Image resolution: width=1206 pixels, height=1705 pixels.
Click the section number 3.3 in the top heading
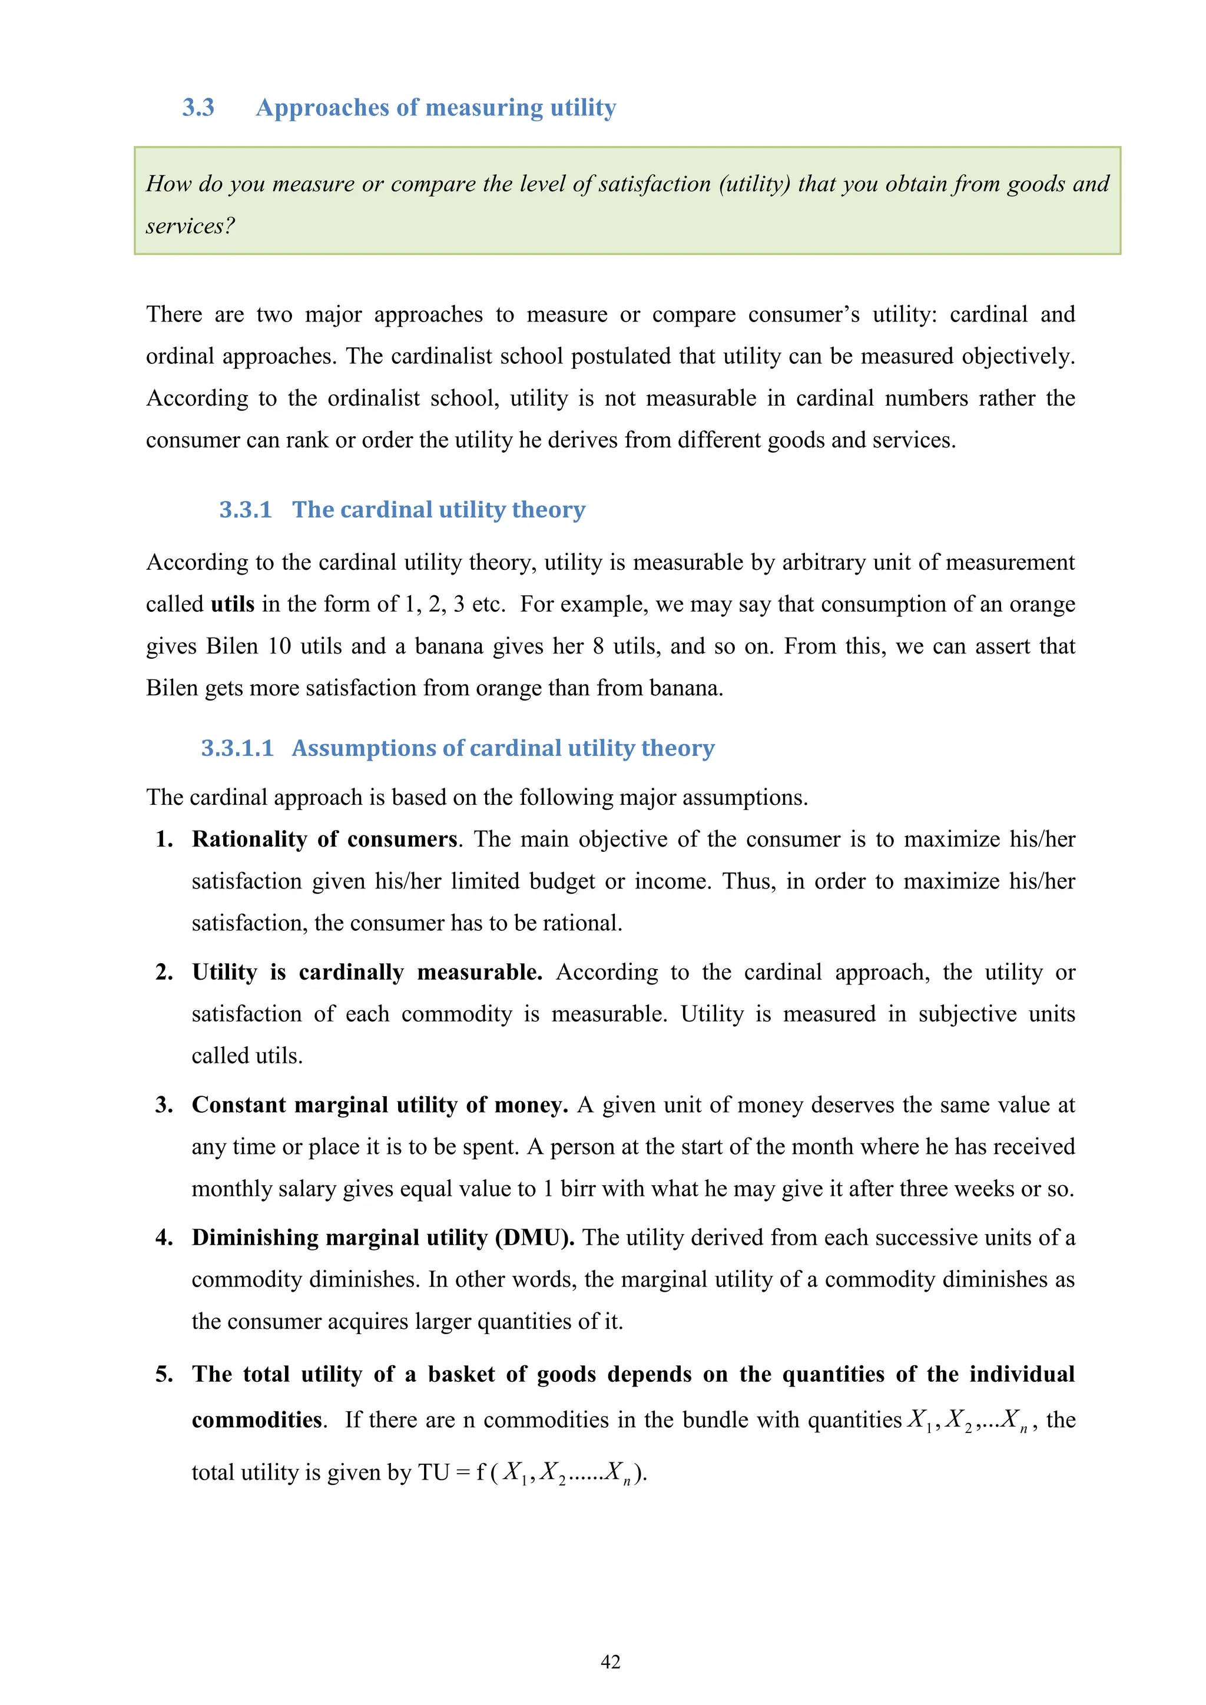pos(198,108)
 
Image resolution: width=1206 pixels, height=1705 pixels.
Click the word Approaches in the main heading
pos(322,108)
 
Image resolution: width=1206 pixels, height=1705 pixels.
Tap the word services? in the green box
pos(190,225)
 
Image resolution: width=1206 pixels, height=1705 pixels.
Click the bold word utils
pos(233,603)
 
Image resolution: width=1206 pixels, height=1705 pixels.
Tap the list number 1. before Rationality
pos(164,839)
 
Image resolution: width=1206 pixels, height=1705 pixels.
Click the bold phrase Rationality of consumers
pos(324,839)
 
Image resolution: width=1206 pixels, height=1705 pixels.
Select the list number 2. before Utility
pos(164,972)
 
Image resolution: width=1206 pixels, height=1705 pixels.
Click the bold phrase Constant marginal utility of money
pos(379,1105)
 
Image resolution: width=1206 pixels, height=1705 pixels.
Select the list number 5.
pos(164,1375)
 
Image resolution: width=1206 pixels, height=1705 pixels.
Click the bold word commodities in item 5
pos(257,1420)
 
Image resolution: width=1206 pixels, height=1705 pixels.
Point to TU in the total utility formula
pos(433,1472)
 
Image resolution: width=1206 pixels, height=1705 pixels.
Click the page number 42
pos(611,1662)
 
